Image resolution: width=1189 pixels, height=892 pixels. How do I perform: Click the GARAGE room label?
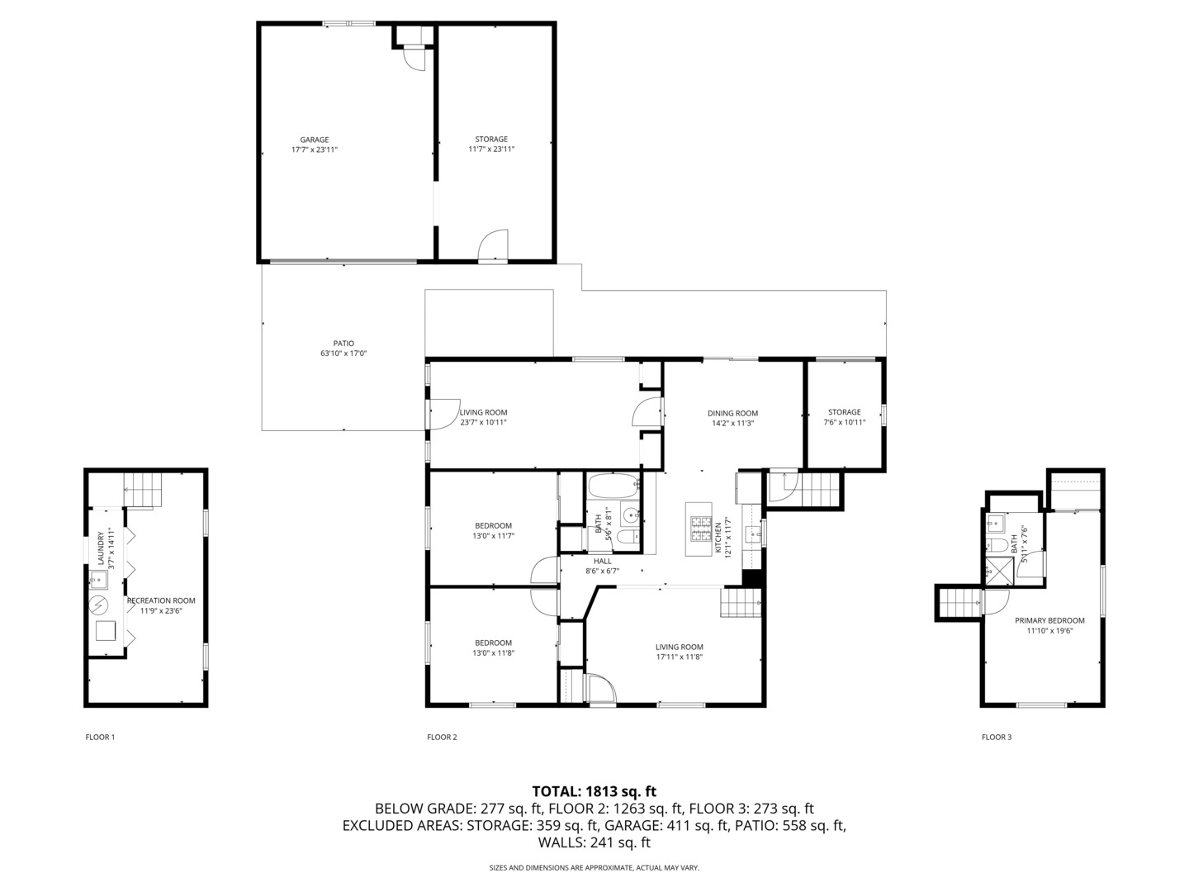click(x=314, y=140)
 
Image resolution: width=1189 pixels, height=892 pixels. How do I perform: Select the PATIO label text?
click(x=343, y=344)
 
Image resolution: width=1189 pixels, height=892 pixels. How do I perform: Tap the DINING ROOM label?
click(x=732, y=413)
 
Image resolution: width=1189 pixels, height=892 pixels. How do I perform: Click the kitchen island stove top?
click(x=701, y=529)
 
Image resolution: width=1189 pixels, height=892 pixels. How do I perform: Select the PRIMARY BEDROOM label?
click(x=1049, y=620)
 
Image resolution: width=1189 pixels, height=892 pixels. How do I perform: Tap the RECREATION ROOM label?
click(x=161, y=600)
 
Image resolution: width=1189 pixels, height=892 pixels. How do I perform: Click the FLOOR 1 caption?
click(x=100, y=737)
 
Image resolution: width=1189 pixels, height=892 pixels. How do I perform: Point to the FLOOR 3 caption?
click(x=996, y=737)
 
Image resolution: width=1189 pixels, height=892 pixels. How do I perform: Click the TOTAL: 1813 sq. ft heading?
click(x=594, y=791)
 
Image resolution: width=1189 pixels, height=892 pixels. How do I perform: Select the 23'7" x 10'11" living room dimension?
click(x=483, y=422)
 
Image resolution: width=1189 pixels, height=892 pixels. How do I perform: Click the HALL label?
click(x=602, y=561)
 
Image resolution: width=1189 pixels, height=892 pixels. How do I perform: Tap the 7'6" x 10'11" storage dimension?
click(x=844, y=422)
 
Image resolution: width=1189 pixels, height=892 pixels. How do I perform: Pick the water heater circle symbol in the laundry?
click(x=99, y=605)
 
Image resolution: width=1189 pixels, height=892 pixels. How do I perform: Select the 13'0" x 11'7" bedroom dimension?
click(x=493, y=535)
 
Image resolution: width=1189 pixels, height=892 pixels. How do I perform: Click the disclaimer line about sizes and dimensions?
click(x=594, y=868)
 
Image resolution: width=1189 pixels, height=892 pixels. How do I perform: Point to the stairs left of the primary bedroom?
click(x=959, y=603)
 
